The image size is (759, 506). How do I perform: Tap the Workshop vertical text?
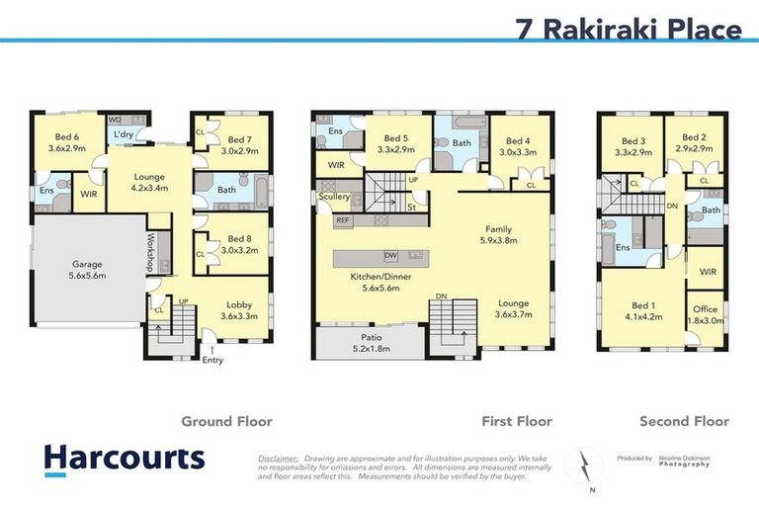[152, 252]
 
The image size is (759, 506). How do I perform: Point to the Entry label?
[211, 360]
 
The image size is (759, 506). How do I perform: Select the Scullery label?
[334, 197]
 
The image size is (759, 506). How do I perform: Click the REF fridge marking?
[343, 220]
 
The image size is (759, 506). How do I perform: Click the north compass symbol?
[585, 464]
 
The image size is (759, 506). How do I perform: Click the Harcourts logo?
[125, 458]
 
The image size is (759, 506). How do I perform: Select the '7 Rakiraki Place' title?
[629, 30]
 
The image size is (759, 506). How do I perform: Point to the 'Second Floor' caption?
[684, 421]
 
